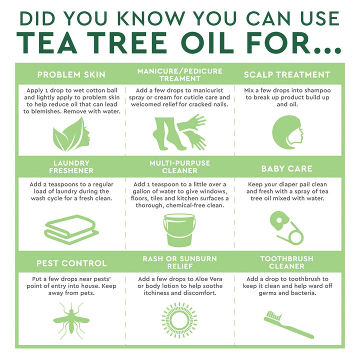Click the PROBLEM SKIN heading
(x=71, y=74)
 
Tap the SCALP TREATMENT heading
(x=287, y=74)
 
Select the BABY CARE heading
(x=287, y=168)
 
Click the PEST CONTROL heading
(x=71, y=263)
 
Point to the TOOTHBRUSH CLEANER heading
(x=287, y=262)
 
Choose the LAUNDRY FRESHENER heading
(x=71, y=167)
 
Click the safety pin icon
(x=286, y=227)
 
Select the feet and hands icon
(x=179, y=132)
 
